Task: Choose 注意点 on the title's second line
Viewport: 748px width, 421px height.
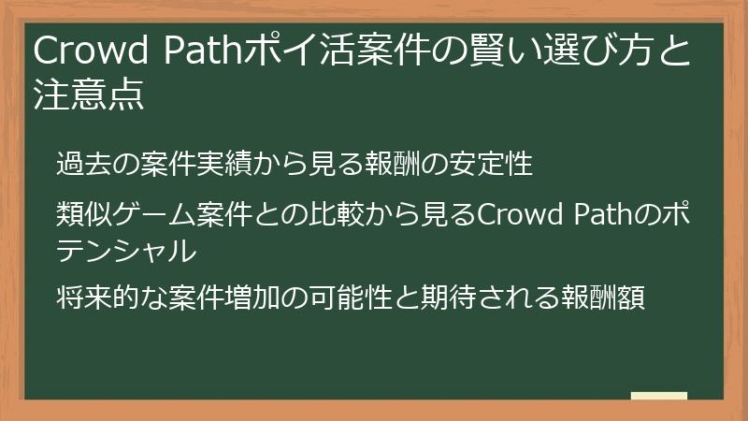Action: tap(89, 95)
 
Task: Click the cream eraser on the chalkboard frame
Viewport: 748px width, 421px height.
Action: tap(659, 397)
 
